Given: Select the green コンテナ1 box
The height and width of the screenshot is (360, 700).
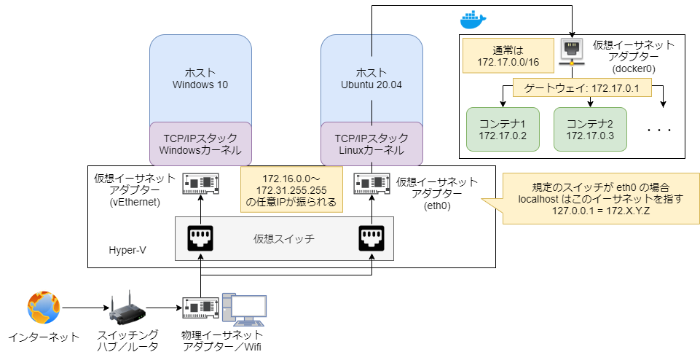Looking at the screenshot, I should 503,129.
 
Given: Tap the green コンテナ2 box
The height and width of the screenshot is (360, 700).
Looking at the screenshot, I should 590,129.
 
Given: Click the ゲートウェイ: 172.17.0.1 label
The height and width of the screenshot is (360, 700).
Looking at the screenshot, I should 576,89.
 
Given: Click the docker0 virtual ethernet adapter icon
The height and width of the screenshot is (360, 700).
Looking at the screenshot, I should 572,51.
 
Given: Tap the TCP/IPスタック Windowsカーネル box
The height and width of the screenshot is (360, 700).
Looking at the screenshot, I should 200,144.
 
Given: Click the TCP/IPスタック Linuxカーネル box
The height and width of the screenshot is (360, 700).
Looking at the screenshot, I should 371,144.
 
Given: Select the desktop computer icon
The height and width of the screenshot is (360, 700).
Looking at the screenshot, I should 245,310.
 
